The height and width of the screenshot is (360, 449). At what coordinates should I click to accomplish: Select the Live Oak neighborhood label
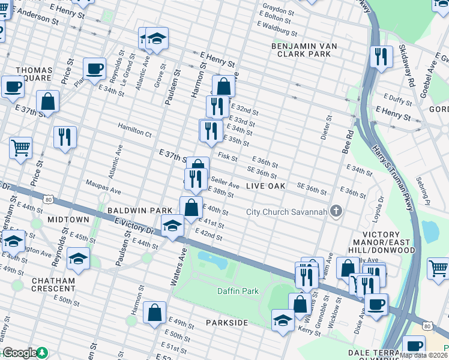(x=265, y=187)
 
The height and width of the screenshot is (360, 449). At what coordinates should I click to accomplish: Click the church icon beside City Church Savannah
(x=336, y=211)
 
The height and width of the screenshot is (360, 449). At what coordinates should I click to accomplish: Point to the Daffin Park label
(x=238, y=291)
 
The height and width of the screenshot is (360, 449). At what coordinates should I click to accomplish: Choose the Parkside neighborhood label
(x=227, y=323)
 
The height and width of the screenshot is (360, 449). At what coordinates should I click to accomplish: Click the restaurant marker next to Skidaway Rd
(x=381, y=57)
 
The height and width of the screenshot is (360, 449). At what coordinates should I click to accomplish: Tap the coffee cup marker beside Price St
(x=94, y=68)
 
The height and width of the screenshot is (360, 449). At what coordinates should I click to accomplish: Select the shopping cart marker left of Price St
(x=20, y=147)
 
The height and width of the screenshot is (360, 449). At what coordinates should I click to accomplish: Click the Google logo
(x=19, y=353)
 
